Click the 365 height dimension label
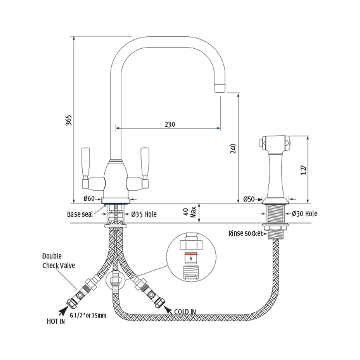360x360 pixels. tap(69, 120)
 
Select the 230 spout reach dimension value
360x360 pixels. tap(169, 124)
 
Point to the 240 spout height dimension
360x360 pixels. tap(233, 148)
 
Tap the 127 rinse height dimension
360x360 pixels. tap(304, 170)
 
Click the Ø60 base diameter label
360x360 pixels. tap(89, 198)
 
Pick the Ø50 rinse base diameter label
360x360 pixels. tap(249, 199)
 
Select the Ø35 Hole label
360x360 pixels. tap(144, 214)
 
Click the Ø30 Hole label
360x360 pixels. tap(304, 214)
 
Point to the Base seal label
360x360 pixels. tap(80, 214)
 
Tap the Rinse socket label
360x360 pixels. tap(245, 233)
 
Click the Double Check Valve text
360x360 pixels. tap(58, 261)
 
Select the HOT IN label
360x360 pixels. tap(56, 322)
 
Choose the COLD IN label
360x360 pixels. tap(185, 312)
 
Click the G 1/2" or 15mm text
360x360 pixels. tap(88, 316)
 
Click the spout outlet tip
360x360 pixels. tap(220, 87)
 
